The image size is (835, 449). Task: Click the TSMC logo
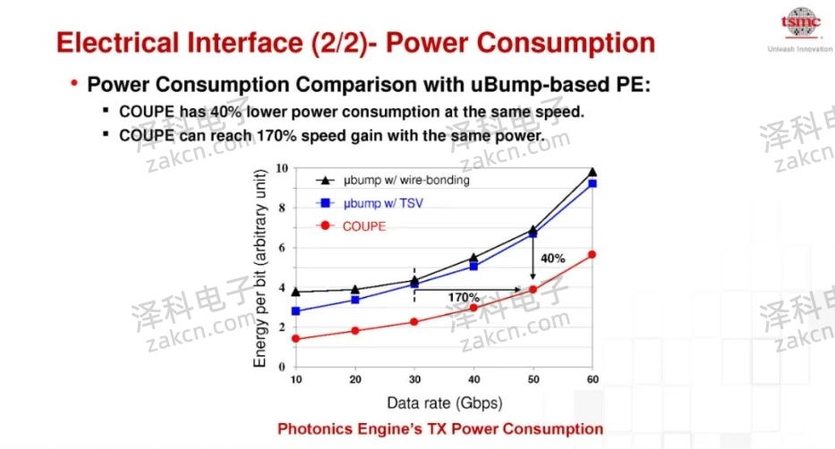coord(800,22)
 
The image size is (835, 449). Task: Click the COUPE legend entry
coord(363,226)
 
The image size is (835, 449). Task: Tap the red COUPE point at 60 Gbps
coord(592,255)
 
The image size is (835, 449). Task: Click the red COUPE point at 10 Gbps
coord(295,338)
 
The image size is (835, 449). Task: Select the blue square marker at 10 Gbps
coord(295,311)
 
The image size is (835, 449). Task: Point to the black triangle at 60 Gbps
coord(592,172)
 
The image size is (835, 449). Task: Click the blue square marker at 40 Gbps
coord(473,266)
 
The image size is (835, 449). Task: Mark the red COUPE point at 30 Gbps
coord(413,322)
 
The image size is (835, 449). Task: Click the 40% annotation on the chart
coord(553,258)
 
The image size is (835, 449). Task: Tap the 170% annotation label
coord(464,297)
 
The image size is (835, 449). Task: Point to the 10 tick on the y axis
coord(281,168)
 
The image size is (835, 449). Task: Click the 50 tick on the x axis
coord(533,379)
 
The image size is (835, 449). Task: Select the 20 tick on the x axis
coord(354,379)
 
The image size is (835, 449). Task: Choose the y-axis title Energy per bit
coord(260,267)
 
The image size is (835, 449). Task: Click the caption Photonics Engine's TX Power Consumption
coord(440,429)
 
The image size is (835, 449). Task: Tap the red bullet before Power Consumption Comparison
coord(74,83)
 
